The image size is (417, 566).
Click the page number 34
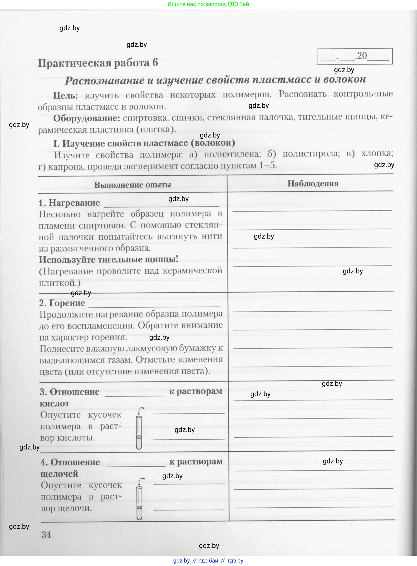click(46, 534)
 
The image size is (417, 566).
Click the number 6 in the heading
click(155, 62)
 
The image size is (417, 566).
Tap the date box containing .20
click(354, 56)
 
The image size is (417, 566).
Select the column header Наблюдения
click(313, 183)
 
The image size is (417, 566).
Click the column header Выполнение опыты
click(132, 185)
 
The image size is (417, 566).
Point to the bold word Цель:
click(65, 95)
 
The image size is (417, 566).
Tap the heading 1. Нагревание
click(69, 203)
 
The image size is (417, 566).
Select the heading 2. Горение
click(62, 303)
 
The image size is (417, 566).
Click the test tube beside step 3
click(139, 429)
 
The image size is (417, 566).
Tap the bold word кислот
click(54, 403)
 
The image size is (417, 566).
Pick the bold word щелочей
click(59, 474)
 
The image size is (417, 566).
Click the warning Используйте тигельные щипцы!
click(108, 259)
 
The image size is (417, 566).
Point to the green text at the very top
click(208, 4)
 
